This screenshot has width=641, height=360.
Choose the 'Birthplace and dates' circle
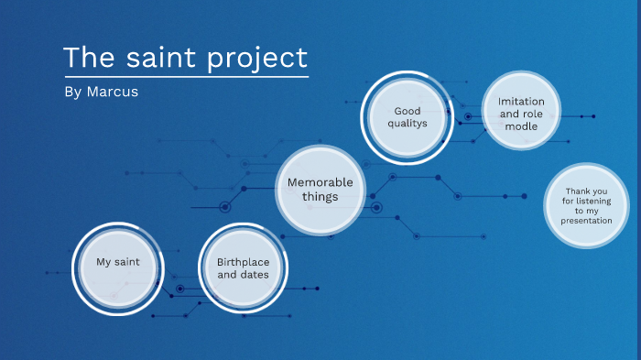(x=243, y=268)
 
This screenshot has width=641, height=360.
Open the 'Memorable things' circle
(x=320, y=189)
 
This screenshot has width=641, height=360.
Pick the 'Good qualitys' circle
(x=407, y=118)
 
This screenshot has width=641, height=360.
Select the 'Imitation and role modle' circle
(x=520, y=112)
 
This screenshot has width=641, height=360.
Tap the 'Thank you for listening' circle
(x=587, y=205)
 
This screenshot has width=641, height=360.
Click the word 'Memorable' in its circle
(x=320, y=182)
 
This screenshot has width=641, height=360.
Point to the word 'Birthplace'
(x=243, y=262)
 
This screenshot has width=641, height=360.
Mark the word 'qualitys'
(x=407, y=125)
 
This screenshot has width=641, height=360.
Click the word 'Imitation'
(x=521, y=101)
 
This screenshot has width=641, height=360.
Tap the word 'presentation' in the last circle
(x=587, y=221)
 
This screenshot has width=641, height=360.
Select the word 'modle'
(x=521, y=126)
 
